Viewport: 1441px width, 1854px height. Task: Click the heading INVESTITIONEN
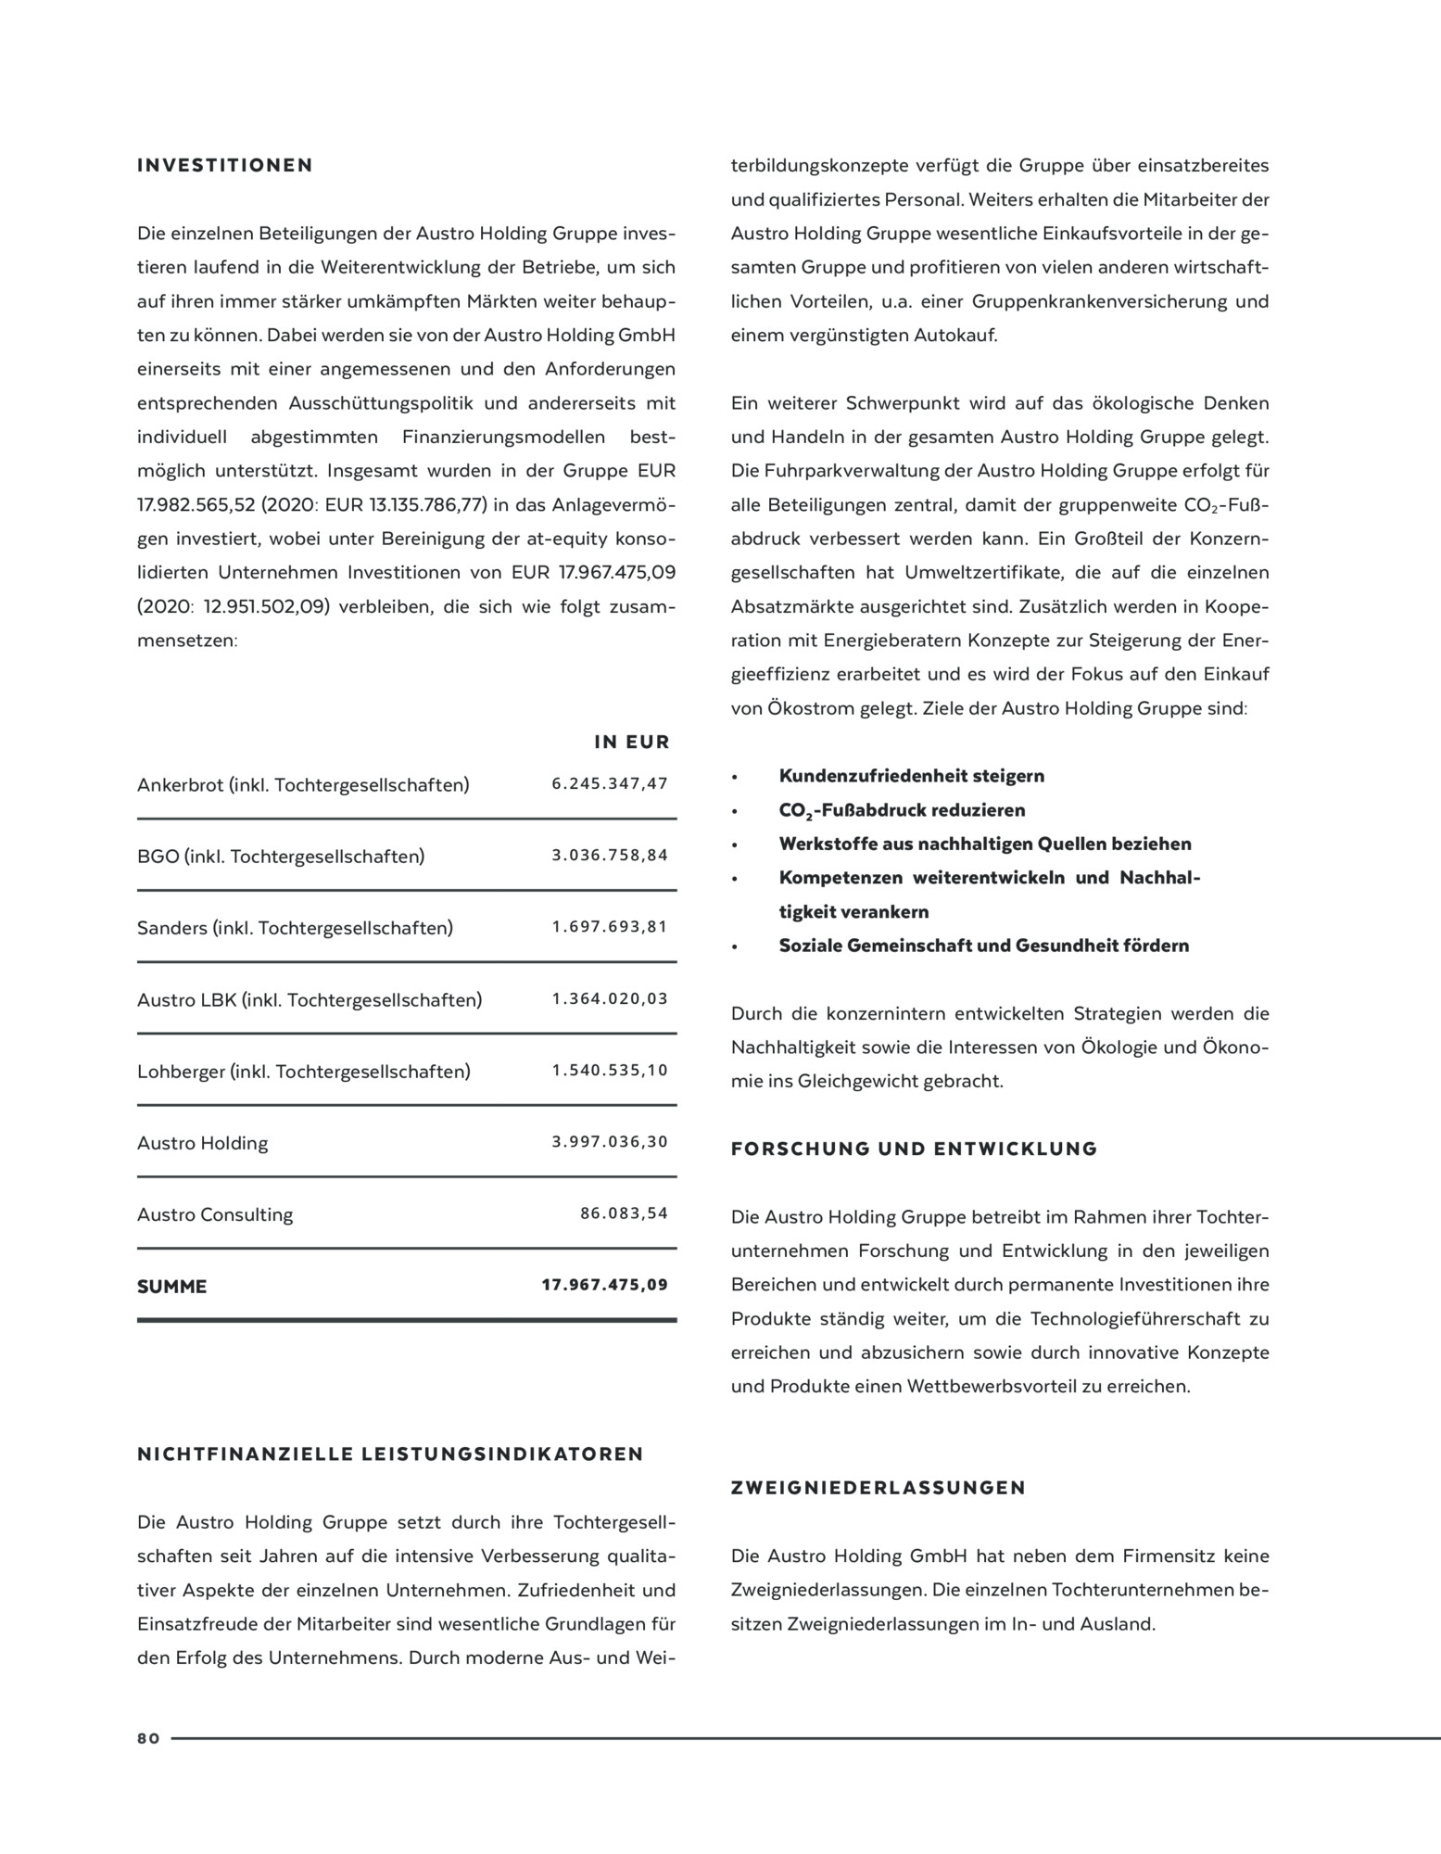coord(225,166)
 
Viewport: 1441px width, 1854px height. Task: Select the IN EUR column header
coord(631,743)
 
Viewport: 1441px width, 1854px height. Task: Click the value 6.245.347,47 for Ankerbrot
coord(610,784)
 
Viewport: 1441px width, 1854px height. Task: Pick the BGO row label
coord(281,857)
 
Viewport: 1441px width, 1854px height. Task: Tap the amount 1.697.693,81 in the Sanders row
coord(610,927)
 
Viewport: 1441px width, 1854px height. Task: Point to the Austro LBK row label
coord(310,1000)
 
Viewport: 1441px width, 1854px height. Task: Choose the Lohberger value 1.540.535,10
coord(610,1071)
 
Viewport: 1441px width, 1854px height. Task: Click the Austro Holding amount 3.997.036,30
coord(610,1142)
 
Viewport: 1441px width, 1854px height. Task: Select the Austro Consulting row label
coord(215,1214)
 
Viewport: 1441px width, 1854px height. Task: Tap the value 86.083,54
coord(624,1213)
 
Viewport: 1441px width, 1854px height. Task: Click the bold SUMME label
coord(172,1287)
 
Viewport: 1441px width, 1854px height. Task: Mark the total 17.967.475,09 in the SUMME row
coord(604,1286)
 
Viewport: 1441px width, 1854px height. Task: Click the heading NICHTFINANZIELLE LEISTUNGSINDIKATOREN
coord(390,1454)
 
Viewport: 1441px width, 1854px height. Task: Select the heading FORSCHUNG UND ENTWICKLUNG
coord(914,1149)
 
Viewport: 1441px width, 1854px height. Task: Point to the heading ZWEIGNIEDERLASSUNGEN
coord(879,1489)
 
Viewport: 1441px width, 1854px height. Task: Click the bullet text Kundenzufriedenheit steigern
coord(911,776)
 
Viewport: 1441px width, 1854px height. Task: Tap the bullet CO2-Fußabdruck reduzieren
coord(902,810)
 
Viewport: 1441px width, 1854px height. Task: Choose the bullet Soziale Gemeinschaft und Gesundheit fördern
coord(983,946)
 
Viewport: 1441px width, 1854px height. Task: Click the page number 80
coord(148,1739)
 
